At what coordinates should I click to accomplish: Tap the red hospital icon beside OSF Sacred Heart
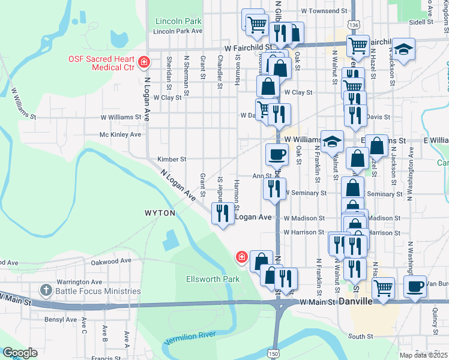pos(144,62)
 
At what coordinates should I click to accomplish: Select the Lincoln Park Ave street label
pos(178,31)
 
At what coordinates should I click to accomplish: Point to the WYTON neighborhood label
pos(160,213)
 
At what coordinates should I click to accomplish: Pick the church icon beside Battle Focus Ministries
pos(46,291)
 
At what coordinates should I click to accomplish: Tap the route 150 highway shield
pos(274,355)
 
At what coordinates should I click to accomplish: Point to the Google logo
pos(20,353)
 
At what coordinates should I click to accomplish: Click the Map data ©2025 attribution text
pos(423,355)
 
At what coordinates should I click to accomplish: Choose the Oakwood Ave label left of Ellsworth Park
pos(110,261)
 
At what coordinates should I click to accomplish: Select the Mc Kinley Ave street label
pos(120,134)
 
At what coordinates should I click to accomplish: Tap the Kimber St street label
pos(172,159)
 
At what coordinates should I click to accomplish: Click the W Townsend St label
pos(324,11)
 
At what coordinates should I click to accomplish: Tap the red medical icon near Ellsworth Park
pos(241,257)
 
